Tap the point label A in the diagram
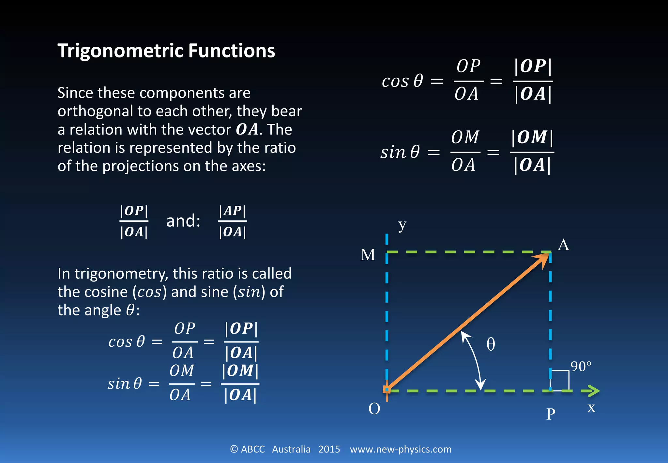coord(563,245)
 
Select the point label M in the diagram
coord(368,255)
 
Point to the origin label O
coord(374,408)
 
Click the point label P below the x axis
coord(551,414)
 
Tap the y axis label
coord(402,225)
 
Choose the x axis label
coord(591,408)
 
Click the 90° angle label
coord(581,366)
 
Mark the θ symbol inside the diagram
coord(491,344)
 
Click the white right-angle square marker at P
coord(560,380)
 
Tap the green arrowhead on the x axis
coord(594,391)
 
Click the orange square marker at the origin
coord(387,390)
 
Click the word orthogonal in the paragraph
coord(95,111)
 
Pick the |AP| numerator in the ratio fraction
coord(232,211)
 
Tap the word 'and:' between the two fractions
coord(183,221)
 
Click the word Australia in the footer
coord(291,449)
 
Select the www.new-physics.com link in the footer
coord(401,449)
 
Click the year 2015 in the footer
coord(329,449)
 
